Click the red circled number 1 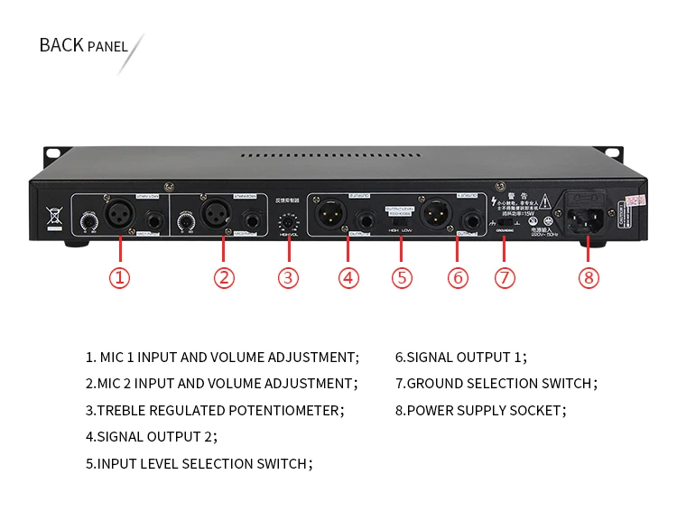tap(120, 278)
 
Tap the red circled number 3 tap(288, 278)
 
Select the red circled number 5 tap(402, 278)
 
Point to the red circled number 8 tap(589, 278)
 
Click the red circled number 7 tap(505, 278)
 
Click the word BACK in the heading tap(61, 45)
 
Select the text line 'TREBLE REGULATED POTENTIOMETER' tap(215, 410)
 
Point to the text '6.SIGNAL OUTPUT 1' tap(460, 357)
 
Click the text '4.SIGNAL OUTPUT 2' tap(151, 436)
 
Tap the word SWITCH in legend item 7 tap(568, 384)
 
